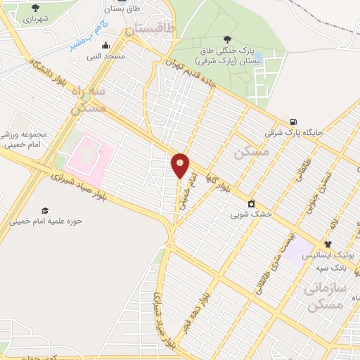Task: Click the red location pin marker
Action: click(x=181, y=165)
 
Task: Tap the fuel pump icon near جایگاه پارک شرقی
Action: click(x=292, y=120)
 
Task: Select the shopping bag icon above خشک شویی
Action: click(x=251, y=202)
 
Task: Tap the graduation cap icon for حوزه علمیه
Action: click(x=44, y=210)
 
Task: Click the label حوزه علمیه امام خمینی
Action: click(x=46, y=221)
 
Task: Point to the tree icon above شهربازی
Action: click(x=35, y=8)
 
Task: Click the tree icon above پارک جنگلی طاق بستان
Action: click(x=226, y=39)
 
